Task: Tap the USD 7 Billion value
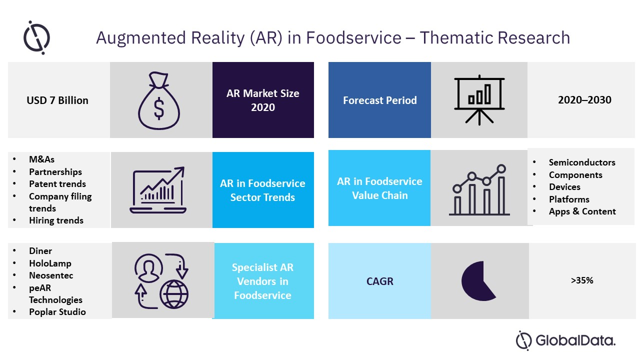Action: tap(57, 100)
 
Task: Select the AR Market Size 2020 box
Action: tap(263, 100)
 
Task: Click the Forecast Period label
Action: tap(379, 100)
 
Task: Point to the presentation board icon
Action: tap(479, 100)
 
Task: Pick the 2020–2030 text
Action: tap(584, 99)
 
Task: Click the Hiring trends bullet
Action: tap(56, 220)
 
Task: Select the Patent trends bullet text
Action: tap(57, 183)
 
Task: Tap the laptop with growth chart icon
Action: tap(158, 190)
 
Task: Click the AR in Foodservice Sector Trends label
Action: tap(262, 190)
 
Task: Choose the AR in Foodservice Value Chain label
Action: tap(379, 188)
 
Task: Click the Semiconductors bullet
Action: tap(582, 162)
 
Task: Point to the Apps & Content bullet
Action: tap(582, 211)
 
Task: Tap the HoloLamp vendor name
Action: tap(50, 263)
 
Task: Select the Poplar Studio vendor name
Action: tap(57, 311)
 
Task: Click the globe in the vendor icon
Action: tap(174, 294)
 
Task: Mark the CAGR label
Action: tap(379, 281)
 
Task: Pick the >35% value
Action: tap(582, 280)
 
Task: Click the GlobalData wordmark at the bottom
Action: tap(575, 340)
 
